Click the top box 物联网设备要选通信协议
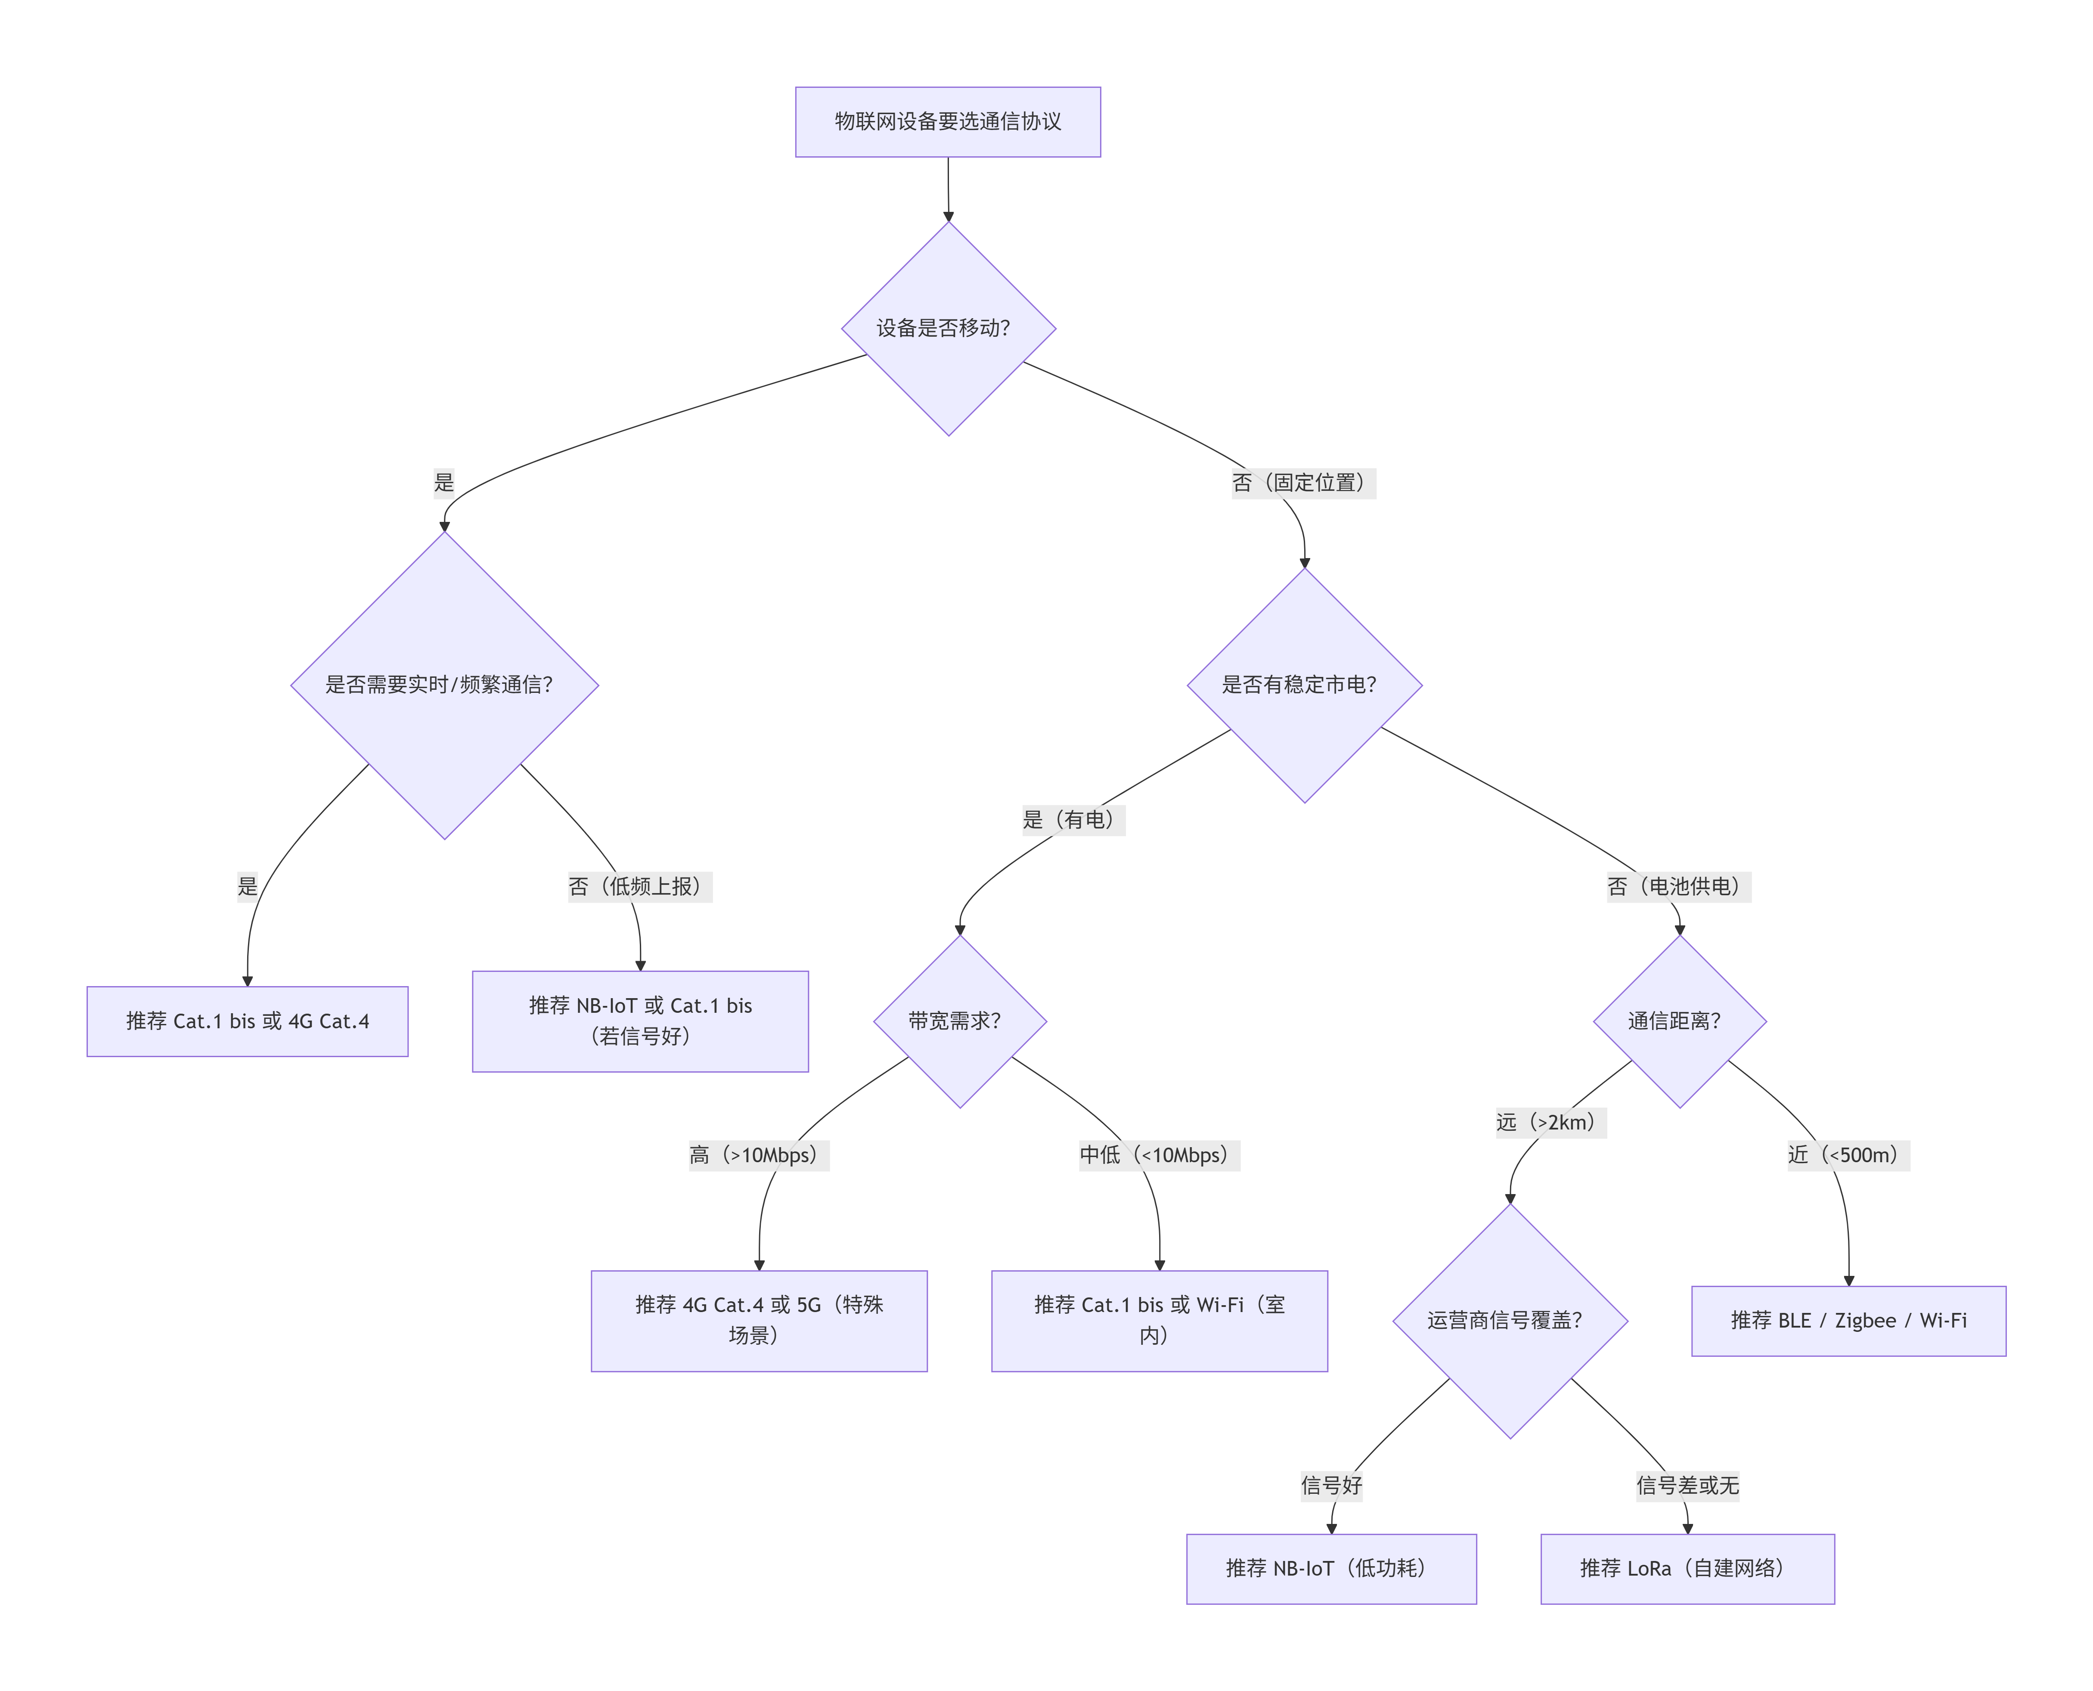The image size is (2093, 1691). (x=948, y=122)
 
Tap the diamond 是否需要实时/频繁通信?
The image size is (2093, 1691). (x=444, y=685)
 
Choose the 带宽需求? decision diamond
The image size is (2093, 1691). (x=960, y=1021)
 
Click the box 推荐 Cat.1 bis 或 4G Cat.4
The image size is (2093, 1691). (x=248, y=1021)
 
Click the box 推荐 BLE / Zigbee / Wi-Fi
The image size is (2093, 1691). (x=1848, y=1321)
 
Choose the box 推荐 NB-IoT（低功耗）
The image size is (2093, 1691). (x=1331, y=1568)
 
